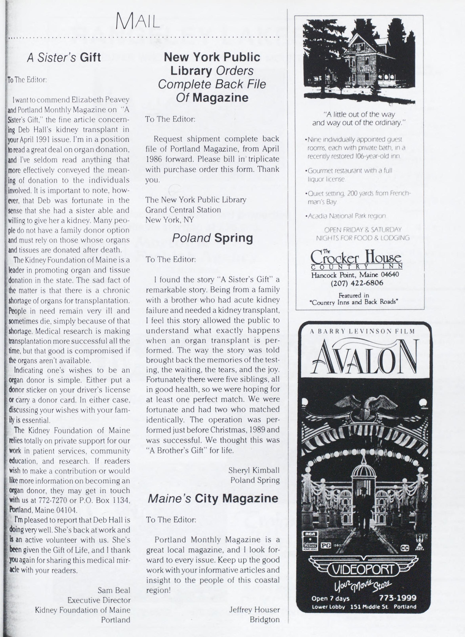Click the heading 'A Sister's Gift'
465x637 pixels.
point(64,57)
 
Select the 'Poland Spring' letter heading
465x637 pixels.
point(212,238)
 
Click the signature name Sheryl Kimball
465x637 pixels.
point(254,470)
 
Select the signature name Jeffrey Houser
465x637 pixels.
point(254,609)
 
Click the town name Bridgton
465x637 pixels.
point(264,620)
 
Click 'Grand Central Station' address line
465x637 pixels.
point(183,210)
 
